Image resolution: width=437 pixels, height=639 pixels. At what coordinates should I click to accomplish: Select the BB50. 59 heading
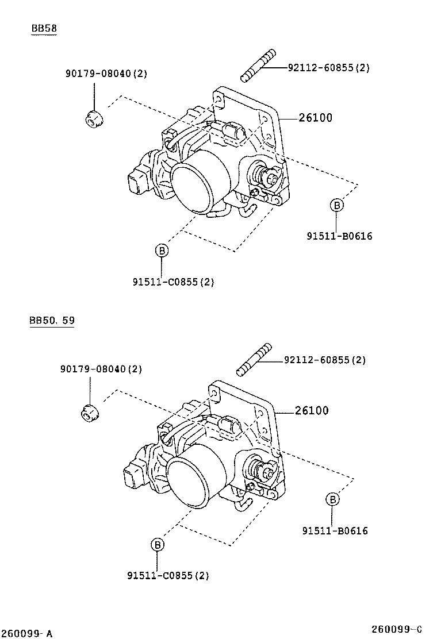pos(52,321)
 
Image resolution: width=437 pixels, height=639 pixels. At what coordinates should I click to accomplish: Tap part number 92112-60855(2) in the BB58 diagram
pos(328,68)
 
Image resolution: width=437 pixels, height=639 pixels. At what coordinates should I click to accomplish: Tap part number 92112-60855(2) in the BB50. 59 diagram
pos(324,360)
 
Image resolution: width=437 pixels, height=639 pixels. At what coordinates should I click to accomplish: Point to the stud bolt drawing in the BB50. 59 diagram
pos(253,360)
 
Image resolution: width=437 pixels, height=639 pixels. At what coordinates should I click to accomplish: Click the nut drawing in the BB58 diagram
pos(94,118)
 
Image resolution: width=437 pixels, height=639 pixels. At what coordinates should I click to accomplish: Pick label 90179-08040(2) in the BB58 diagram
pos(106,73)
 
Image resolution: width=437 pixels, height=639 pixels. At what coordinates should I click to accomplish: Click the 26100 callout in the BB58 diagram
pos(315,118)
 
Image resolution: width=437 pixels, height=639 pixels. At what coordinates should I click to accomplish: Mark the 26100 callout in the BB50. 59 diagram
pos(312,410)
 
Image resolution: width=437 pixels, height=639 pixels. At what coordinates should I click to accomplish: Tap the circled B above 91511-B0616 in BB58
pos(337,205)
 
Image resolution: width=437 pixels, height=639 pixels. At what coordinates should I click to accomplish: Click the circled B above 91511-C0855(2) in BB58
pos(162,251)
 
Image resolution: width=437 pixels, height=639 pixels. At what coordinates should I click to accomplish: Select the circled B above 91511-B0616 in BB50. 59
pos(332,499)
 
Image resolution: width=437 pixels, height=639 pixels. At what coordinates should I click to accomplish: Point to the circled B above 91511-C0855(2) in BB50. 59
pos(157,545)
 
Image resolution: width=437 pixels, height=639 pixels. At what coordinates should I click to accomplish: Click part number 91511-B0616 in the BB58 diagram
pos(339,236)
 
